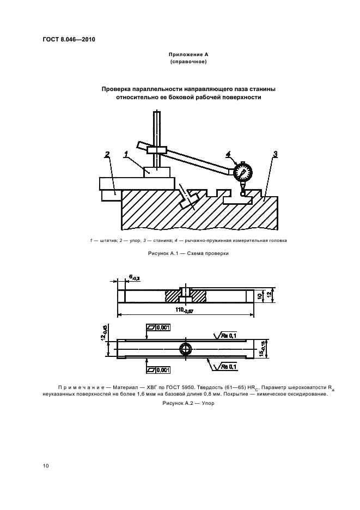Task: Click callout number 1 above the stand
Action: point(126,155)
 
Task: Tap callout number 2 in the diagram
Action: point(107,155)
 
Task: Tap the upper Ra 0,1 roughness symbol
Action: point(226,336)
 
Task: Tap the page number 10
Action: point(46,466)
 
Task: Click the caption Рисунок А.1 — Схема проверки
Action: point(180,254)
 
